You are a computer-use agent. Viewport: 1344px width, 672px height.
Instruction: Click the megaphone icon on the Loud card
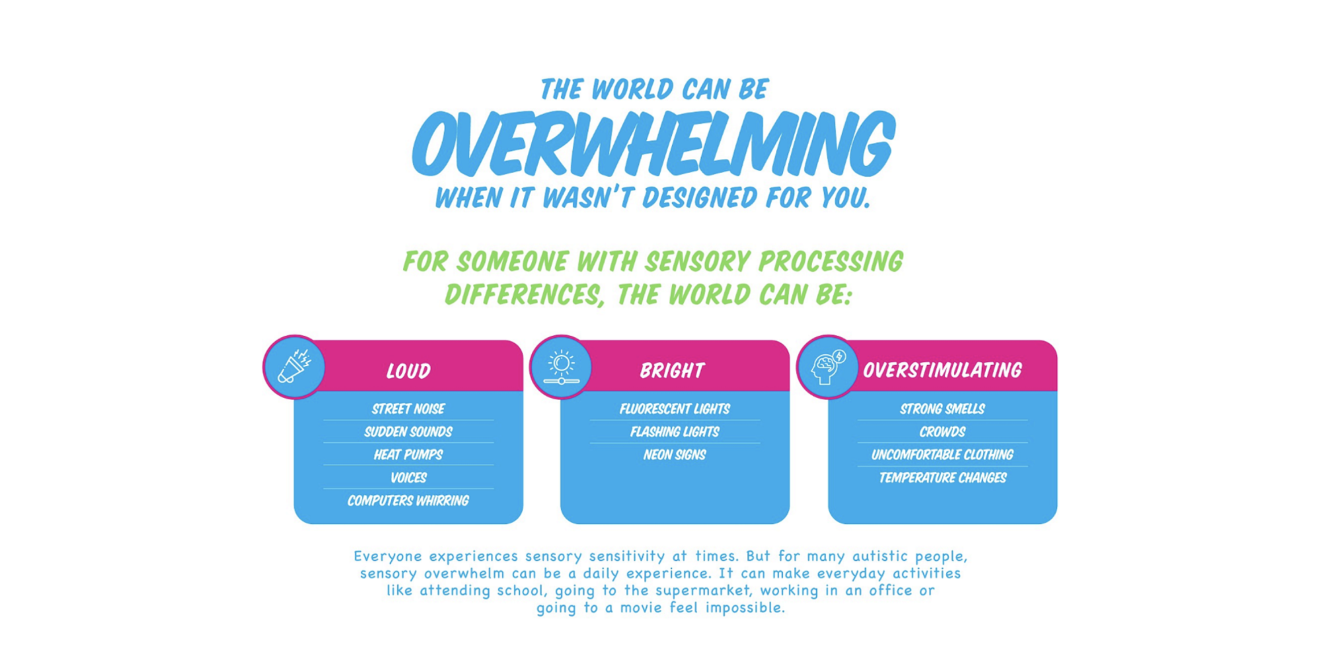tap(294, 367)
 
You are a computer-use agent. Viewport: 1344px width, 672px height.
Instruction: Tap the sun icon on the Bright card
tap(561, 367)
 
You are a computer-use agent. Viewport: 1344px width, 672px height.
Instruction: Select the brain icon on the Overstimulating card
tap(827, 367)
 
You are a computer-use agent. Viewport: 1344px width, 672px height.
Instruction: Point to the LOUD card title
tap(409, 370)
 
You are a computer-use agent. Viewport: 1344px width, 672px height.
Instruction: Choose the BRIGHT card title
tap(672, 370)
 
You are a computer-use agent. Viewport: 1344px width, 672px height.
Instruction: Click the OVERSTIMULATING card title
tap(942, 370)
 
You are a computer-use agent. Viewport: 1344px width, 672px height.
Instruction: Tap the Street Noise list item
tap(409, 409)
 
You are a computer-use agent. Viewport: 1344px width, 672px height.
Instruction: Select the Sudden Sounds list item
tap(409, 431)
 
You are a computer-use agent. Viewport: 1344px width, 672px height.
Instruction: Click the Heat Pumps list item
tap(409, 454)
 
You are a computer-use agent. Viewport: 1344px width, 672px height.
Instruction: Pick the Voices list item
tap(409, 477)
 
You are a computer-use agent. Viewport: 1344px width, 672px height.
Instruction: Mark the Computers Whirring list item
tap(409, 501)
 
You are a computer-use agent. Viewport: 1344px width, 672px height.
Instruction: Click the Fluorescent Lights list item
tap(675, 409)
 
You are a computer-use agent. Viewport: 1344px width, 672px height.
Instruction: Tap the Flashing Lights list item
tap(675, 431)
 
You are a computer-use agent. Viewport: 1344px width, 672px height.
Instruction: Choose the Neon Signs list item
tap(675, 454)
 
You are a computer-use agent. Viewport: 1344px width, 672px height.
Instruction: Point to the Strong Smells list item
tap(942, 409)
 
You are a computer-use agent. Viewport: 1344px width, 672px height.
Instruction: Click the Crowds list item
tap(942, 431)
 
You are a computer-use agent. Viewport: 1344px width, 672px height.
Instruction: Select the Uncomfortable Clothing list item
tap(942, 454)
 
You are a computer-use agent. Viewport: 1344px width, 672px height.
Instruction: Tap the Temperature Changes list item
tap(942, 477)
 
